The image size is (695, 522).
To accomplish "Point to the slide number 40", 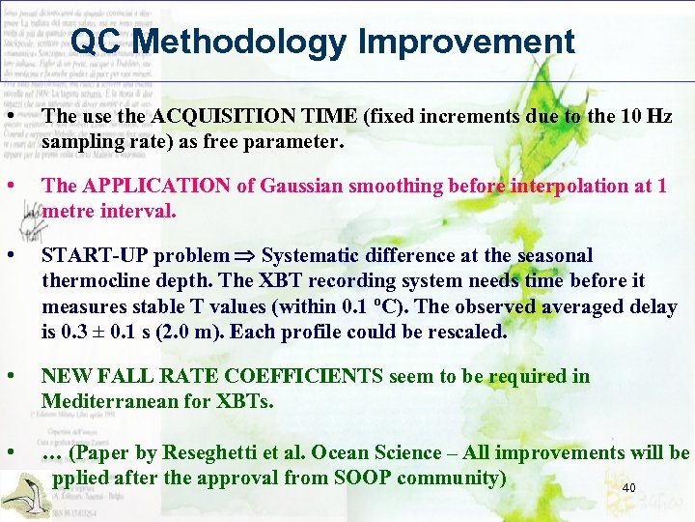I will click(628, 488).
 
